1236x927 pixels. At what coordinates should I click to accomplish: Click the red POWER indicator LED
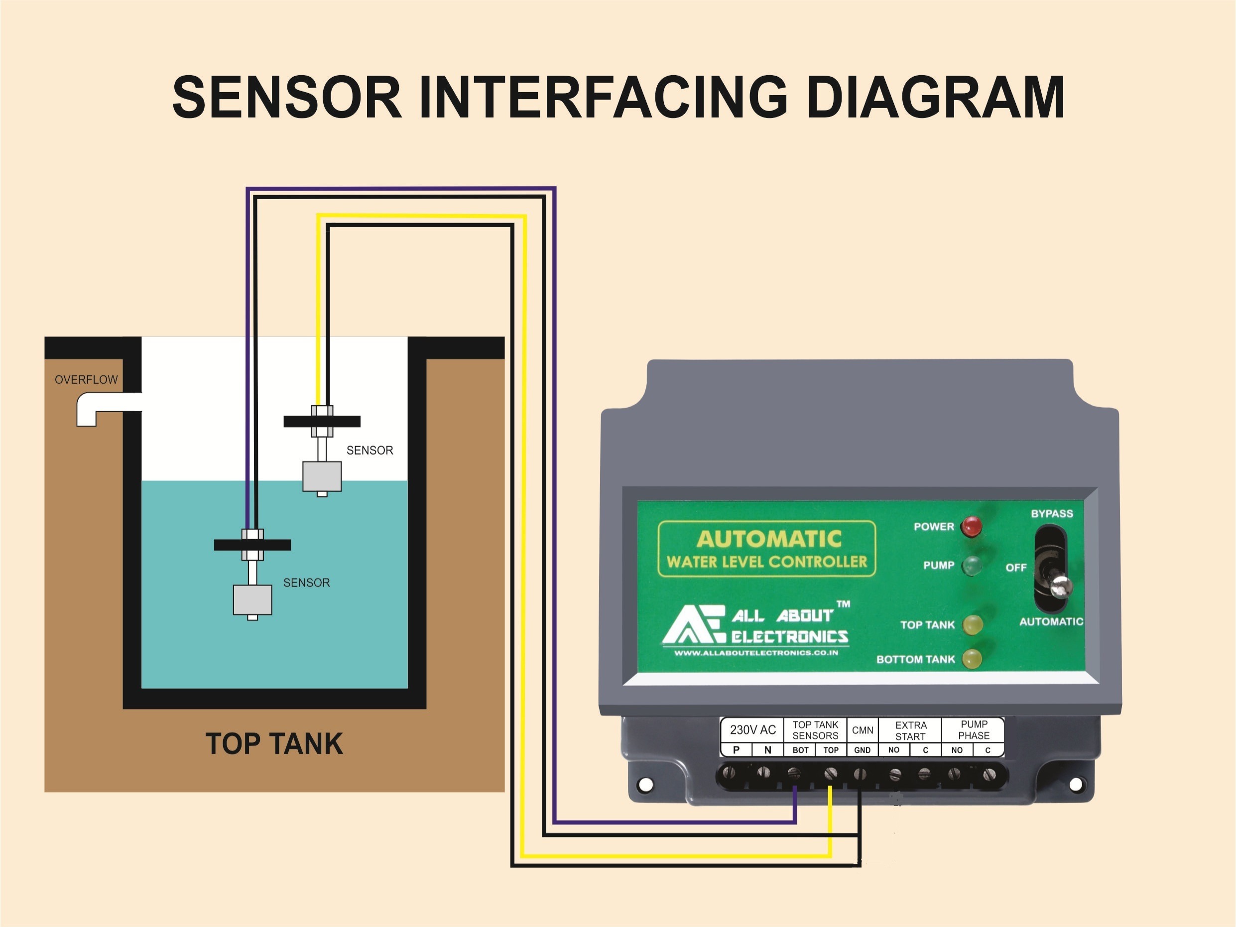(971, 526)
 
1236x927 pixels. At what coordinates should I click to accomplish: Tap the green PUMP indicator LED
(971, 566)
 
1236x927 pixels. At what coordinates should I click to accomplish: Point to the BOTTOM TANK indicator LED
(972, 659)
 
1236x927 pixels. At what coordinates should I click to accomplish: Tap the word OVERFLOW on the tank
(86, 379)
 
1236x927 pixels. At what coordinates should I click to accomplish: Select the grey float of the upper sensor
(322, 475)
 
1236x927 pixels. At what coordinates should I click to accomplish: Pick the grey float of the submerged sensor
(252, 599)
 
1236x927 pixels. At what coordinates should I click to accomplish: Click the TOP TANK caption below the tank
(274, 744)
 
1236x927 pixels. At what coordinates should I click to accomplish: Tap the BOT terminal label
(800, 750)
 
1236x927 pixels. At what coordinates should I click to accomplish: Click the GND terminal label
(862, 750)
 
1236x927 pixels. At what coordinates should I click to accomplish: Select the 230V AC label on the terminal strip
(752, 730)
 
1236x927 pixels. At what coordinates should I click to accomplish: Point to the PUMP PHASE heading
(974, 729)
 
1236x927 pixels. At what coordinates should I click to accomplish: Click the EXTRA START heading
(911, 730)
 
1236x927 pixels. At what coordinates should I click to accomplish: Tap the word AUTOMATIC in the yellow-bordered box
(769, 539)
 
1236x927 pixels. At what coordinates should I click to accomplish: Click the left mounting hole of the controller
(645, 785)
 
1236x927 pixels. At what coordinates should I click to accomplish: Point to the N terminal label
(767, 750)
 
